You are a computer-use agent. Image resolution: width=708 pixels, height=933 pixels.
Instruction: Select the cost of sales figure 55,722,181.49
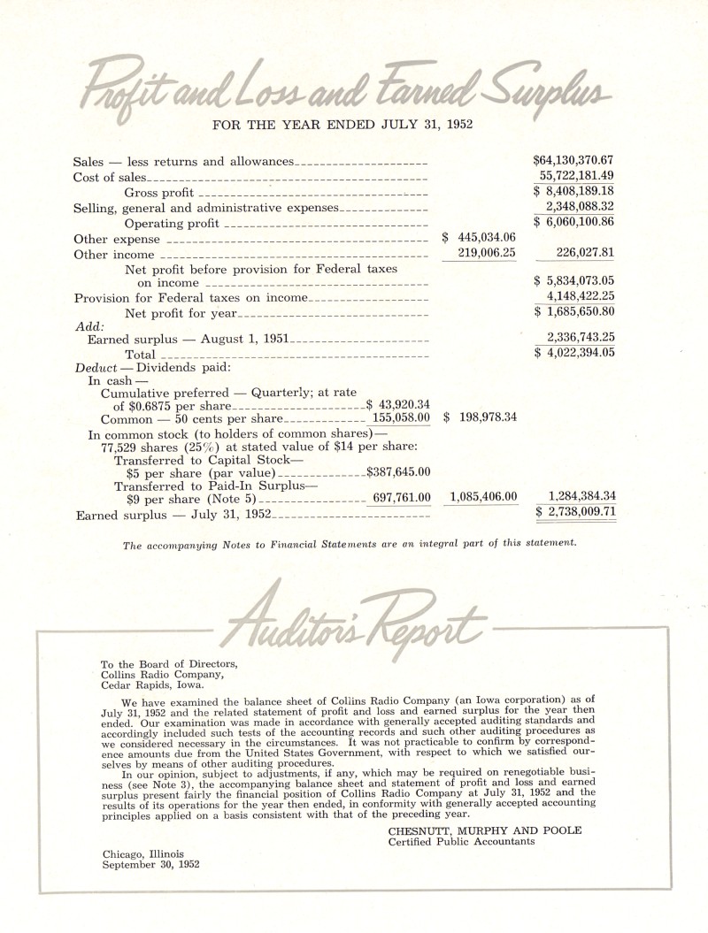coord(576,176)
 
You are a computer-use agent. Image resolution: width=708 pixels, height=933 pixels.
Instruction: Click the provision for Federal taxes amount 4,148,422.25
coord(580,296)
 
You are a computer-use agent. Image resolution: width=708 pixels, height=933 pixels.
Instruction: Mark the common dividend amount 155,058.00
coord(401,417)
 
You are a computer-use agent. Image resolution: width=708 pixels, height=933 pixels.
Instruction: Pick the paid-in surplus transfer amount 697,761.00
coord(401,498)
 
